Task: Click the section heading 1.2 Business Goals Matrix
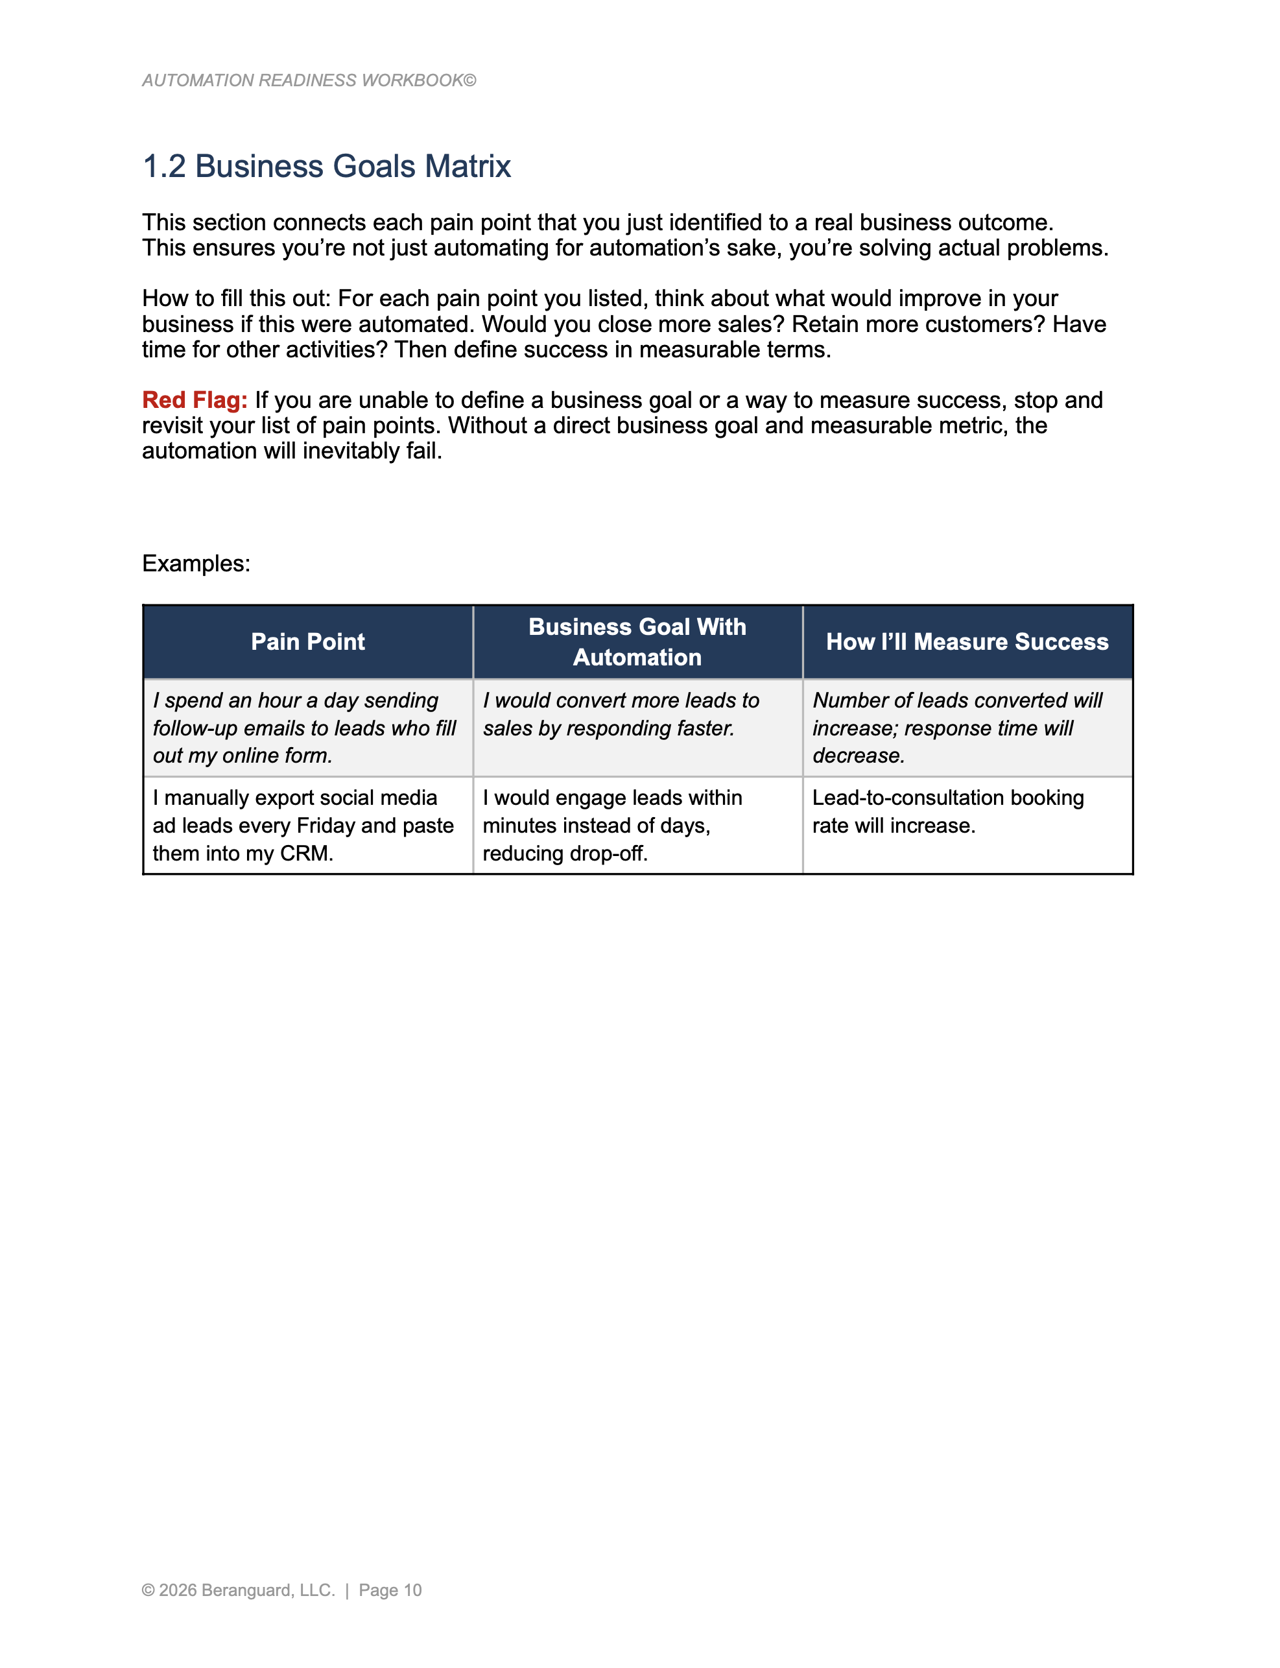click(326, 166)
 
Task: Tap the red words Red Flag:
click(195, 400)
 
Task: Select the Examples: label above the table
click(196, 564)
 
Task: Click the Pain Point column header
click(308, 642)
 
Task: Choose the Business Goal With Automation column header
click(637, 642)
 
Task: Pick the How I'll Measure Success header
click(967, 642)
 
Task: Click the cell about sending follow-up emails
click(305, 728)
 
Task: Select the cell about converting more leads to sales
click(621, 715)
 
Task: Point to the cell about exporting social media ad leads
click(303, 825)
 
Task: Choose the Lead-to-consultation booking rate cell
click(948, 811)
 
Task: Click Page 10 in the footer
click(390, 1590)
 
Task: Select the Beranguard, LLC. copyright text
click(247, 1590)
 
